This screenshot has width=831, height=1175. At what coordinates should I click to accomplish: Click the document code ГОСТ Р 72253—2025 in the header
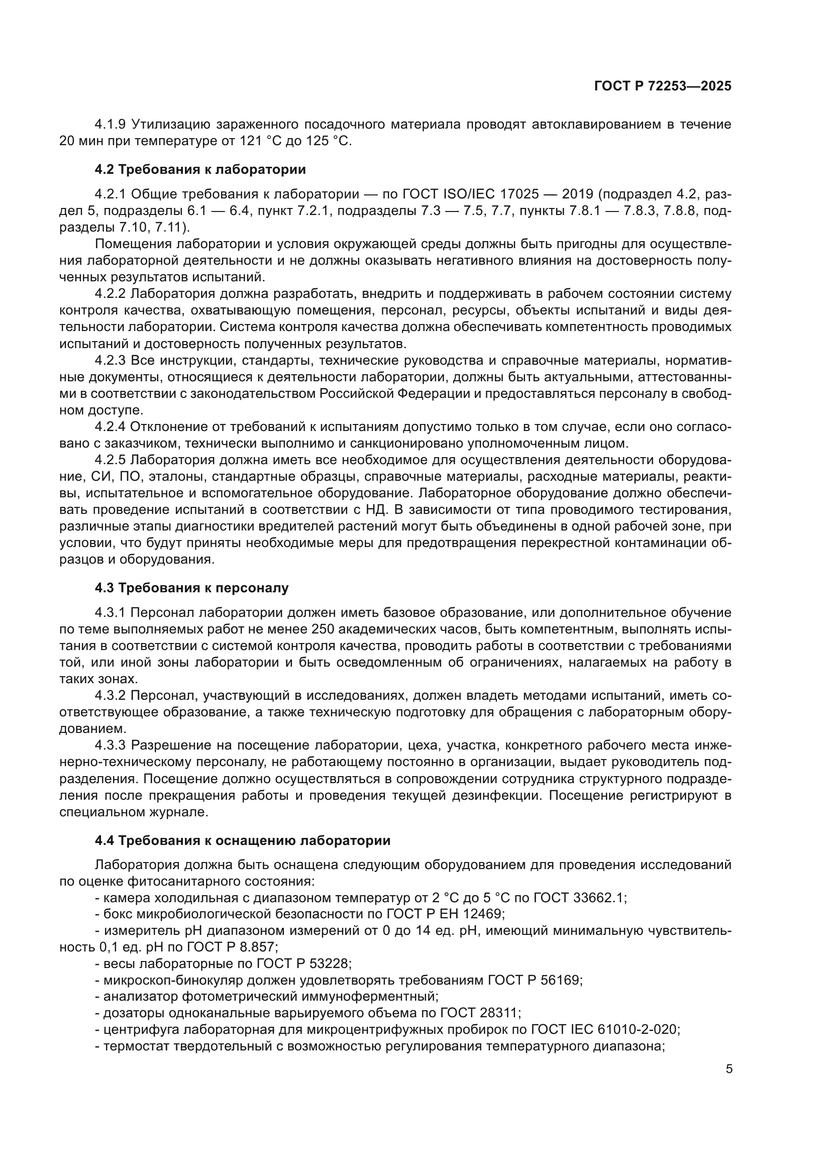[663, 86]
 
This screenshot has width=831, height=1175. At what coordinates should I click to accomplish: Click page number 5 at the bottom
[729, 1069]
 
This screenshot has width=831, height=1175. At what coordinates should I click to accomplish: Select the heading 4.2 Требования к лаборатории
[200, 169]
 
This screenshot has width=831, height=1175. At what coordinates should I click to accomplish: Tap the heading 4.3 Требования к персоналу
[191, 588]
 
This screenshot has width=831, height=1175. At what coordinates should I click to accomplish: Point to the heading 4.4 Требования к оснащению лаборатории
[243, 840]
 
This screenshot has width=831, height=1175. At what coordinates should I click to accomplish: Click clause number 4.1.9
[110, 125]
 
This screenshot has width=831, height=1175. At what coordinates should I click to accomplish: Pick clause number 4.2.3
[110, 361]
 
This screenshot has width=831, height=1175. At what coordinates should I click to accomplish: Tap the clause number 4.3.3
[110, 745]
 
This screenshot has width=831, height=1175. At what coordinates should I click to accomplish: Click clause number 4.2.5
[110, 460]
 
